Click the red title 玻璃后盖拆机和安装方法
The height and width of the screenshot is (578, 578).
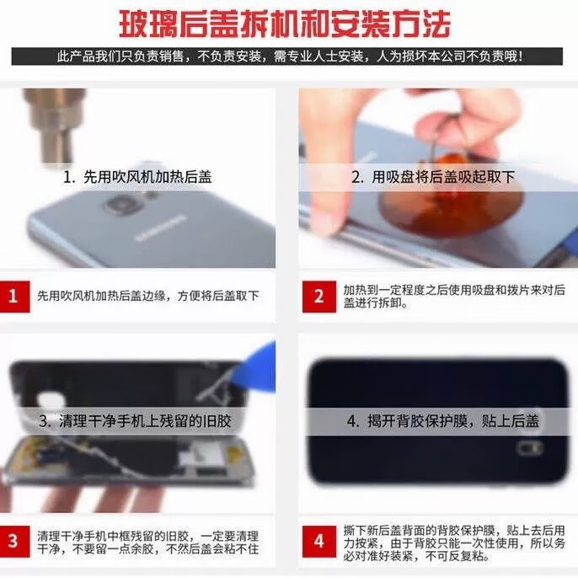(284, 24)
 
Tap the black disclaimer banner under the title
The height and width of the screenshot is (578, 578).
(286, 56)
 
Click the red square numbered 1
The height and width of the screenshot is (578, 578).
(14, 297)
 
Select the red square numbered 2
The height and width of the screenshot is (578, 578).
(318, 297)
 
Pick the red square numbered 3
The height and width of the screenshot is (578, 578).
(14, 541)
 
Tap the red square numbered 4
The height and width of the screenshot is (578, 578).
(318, 542)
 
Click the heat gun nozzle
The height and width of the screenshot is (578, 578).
(56, 126)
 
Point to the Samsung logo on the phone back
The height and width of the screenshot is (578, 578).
(160, 228)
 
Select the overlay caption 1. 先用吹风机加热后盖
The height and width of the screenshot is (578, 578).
(137, 177)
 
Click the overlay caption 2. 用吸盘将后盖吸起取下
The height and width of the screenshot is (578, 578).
(433, 177)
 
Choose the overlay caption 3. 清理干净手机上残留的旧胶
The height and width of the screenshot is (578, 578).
(135, 421)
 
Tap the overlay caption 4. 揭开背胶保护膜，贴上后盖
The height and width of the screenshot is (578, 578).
(442, 421)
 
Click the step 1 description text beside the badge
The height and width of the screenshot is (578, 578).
(148, 296)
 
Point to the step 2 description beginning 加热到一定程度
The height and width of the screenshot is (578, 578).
(454, 297)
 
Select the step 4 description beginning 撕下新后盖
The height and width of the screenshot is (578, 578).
(454, 543)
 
